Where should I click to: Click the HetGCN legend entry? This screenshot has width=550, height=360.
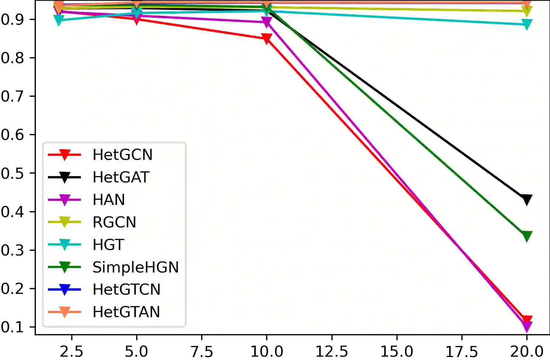tap(122, 155)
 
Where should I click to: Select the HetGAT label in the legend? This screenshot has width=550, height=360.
tap(121, 177)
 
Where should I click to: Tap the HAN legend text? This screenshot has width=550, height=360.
tap(109, 200)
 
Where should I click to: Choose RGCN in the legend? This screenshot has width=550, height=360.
tap(114, 222)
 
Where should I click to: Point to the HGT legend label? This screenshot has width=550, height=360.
tap(108, 245)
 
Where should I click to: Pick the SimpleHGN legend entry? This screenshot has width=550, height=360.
tap(135, 267)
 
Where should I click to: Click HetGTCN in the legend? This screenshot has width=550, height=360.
tap(126, 289)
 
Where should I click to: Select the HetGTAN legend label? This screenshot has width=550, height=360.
tap(126, 312)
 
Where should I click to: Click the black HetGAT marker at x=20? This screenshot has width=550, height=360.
tap(527, 199)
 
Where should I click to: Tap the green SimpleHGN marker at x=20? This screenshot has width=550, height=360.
tap(527, 236)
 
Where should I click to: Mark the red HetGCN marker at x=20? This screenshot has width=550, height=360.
tap(527, 320)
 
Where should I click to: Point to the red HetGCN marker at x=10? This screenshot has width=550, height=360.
tap(267, 38)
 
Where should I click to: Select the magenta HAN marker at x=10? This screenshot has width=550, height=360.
tap(267, 22)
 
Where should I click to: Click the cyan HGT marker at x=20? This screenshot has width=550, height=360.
tap(527, 24)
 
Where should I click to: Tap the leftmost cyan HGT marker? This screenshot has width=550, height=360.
tap(59, 20)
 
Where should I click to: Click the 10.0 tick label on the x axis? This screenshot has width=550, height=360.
tap(267, 350)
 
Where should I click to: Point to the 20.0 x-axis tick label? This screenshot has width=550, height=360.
tap(527, 350)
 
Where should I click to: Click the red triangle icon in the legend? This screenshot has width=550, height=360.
tap(65, 155)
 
